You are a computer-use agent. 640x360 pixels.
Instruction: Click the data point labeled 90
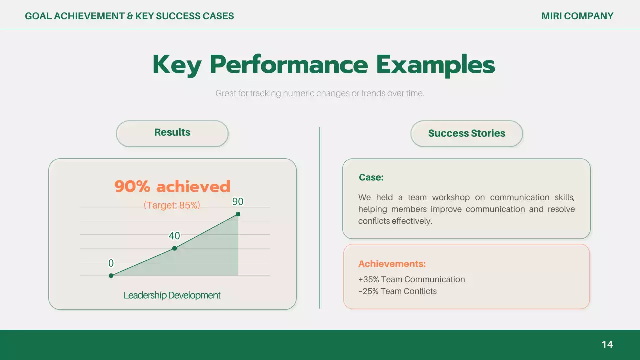tap(238, 214)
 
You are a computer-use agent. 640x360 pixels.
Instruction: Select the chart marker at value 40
tap(174, 248)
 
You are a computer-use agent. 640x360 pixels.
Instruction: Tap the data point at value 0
tap(111, 275)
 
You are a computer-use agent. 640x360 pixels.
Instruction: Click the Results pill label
tap(172, 132)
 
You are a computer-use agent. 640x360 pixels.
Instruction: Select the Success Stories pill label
tap(467, 133)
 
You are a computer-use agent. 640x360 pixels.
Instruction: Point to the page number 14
tap(607, 344)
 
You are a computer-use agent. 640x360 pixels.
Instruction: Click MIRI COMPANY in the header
tap(577, 16)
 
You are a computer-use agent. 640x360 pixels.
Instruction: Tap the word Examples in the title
tap(435, 65)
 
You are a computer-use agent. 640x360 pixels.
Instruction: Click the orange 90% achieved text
tap(172, 186)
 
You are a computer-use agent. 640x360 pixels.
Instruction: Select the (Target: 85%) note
tap(172, 205)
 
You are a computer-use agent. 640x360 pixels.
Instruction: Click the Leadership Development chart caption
tap(172, 295)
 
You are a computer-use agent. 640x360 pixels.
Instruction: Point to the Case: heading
tap(371, 177)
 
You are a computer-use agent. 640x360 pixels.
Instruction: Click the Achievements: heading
tap(392, 264)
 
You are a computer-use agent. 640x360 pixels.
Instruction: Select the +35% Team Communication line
tap(411, 279)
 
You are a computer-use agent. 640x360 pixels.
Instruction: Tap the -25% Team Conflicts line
tap(397, 291)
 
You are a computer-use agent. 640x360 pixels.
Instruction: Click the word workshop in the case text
tap(451, 197)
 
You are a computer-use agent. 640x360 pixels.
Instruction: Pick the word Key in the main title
tap(177, 65)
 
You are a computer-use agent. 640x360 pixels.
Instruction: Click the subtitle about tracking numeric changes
tap(320, 93)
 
